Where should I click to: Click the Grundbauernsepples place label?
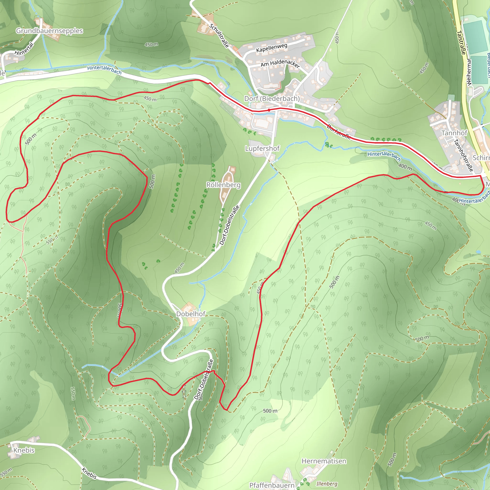point(50,31)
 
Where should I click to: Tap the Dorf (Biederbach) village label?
point(272,98)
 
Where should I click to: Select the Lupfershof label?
point(262,148)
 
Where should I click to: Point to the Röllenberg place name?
point(223,185)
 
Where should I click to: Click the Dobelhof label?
point(191,314)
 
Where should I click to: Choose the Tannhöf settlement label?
point(454,133)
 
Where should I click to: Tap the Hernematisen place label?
point(324,461)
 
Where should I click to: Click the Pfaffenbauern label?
point(272,485)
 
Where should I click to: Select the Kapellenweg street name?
point(272,48)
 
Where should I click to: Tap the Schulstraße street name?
point(219,36)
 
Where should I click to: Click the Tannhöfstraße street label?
point(463,155)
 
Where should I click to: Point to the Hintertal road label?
point(24,49)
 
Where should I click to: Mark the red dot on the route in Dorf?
point(269,110)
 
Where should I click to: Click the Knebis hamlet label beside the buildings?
point(24,450)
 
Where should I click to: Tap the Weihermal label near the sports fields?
point(469,72)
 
